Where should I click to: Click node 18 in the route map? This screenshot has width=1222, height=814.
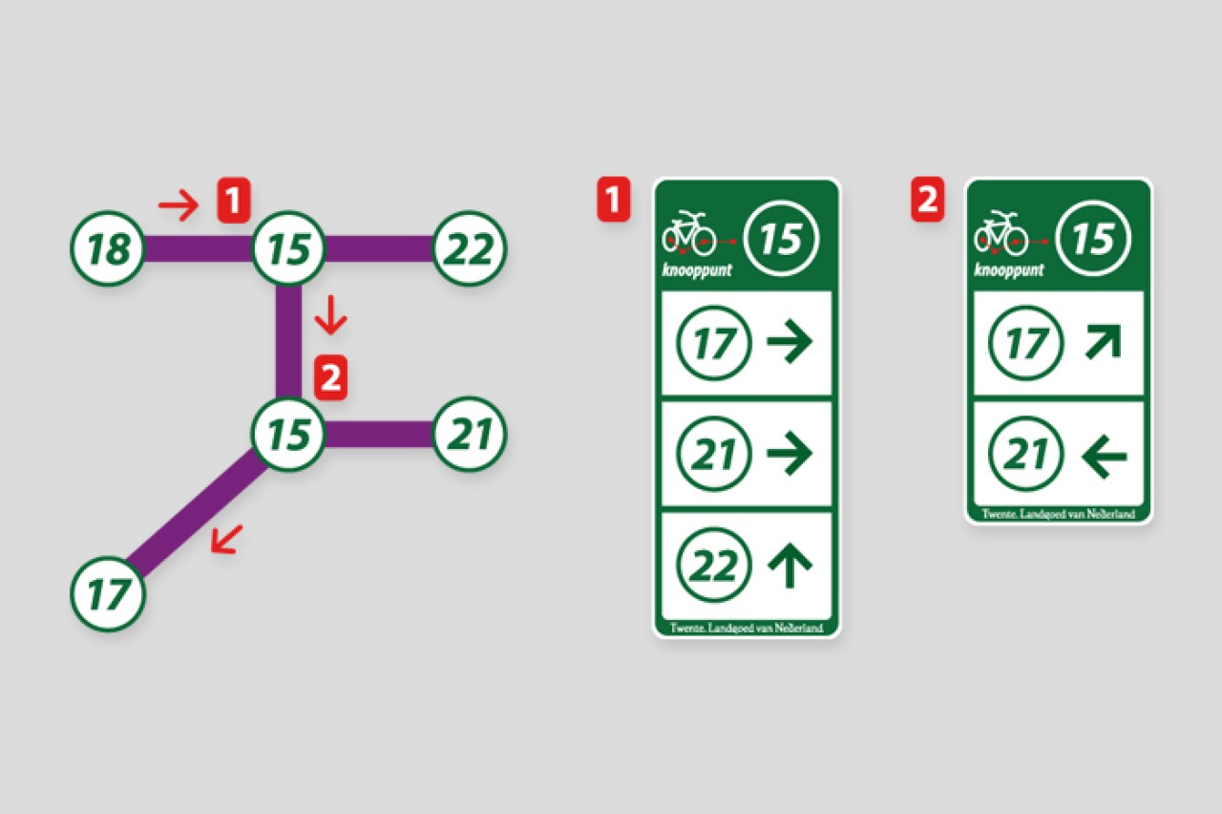108,248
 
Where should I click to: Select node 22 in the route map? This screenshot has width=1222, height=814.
470,248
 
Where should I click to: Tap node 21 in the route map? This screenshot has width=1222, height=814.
470,434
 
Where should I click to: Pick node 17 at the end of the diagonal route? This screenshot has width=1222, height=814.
108,594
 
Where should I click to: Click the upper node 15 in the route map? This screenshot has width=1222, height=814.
288,248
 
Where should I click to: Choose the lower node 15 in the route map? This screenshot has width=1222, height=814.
288,434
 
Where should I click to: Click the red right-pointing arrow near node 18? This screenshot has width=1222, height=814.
178,205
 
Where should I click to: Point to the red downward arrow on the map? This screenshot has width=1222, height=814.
330,315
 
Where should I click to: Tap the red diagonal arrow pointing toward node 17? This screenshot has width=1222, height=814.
227,540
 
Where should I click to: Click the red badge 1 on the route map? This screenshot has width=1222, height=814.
234,201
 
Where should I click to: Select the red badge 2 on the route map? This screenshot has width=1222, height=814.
330,377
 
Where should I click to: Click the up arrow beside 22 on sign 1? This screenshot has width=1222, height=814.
790,565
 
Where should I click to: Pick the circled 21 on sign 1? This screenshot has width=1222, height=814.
713,453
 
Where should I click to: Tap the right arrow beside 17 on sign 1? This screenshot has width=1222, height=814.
790,341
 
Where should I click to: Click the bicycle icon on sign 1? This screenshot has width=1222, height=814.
689,234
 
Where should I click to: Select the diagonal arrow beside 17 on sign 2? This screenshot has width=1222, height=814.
1103,342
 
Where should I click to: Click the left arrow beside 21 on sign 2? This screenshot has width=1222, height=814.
1104,456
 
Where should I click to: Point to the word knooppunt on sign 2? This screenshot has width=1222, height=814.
1009,270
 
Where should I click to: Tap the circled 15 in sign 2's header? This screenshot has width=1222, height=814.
1093,239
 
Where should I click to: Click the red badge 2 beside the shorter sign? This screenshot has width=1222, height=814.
928,200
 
